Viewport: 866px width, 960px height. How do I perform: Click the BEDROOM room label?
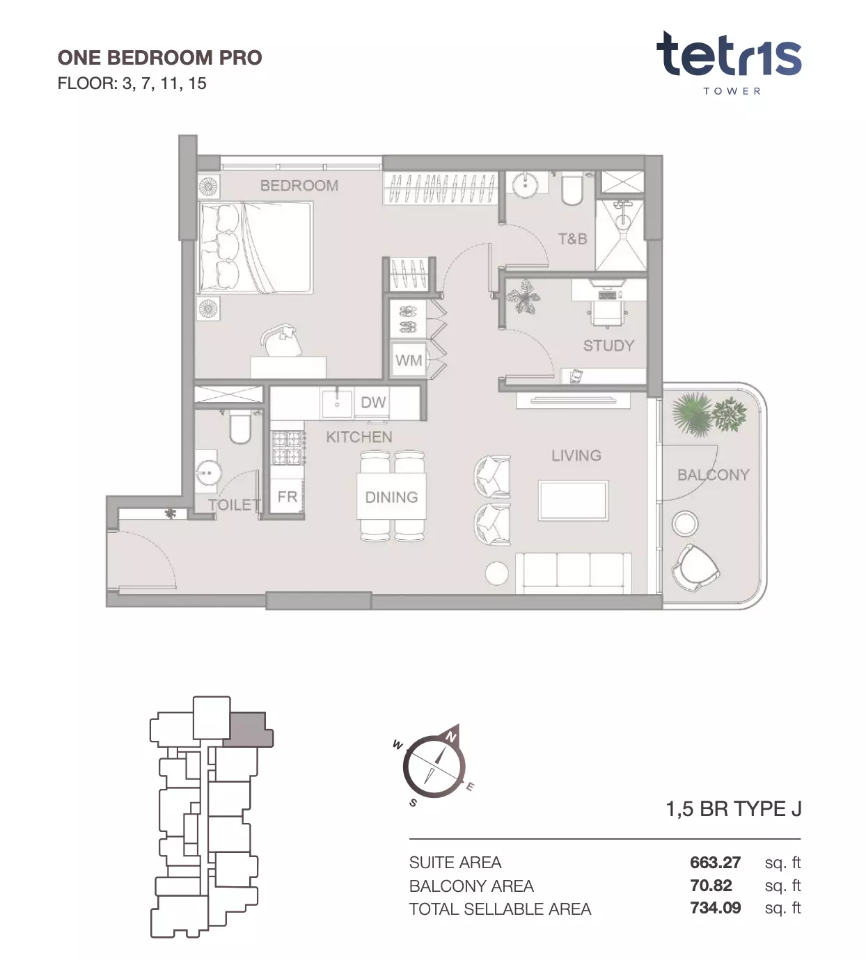[299, 185]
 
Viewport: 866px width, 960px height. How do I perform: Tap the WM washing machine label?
[409, 360]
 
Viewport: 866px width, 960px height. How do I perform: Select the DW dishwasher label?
[373, 402]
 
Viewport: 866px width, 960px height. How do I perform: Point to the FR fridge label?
[288, 497]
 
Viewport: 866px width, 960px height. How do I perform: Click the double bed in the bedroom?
[255, 247]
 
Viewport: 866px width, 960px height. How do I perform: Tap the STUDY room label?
[608, 346]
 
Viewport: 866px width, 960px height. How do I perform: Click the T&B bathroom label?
[572, 239]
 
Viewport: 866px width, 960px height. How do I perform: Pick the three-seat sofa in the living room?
[574, 573]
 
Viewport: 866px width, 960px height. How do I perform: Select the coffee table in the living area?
[573, 501]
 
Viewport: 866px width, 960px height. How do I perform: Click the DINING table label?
[391, 497]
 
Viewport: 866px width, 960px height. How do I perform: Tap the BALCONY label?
[714, 474]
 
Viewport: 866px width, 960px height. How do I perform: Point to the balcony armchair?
[695, 569]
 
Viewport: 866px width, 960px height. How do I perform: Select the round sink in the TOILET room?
[208, 472]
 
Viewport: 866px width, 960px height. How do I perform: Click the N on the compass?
[450, 737]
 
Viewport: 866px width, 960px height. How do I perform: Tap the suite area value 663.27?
[715, 863]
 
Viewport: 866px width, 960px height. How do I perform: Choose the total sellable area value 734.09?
[715, 908]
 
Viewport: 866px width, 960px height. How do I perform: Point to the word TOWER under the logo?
[732, 91]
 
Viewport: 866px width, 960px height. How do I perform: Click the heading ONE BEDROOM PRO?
[159, 58]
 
